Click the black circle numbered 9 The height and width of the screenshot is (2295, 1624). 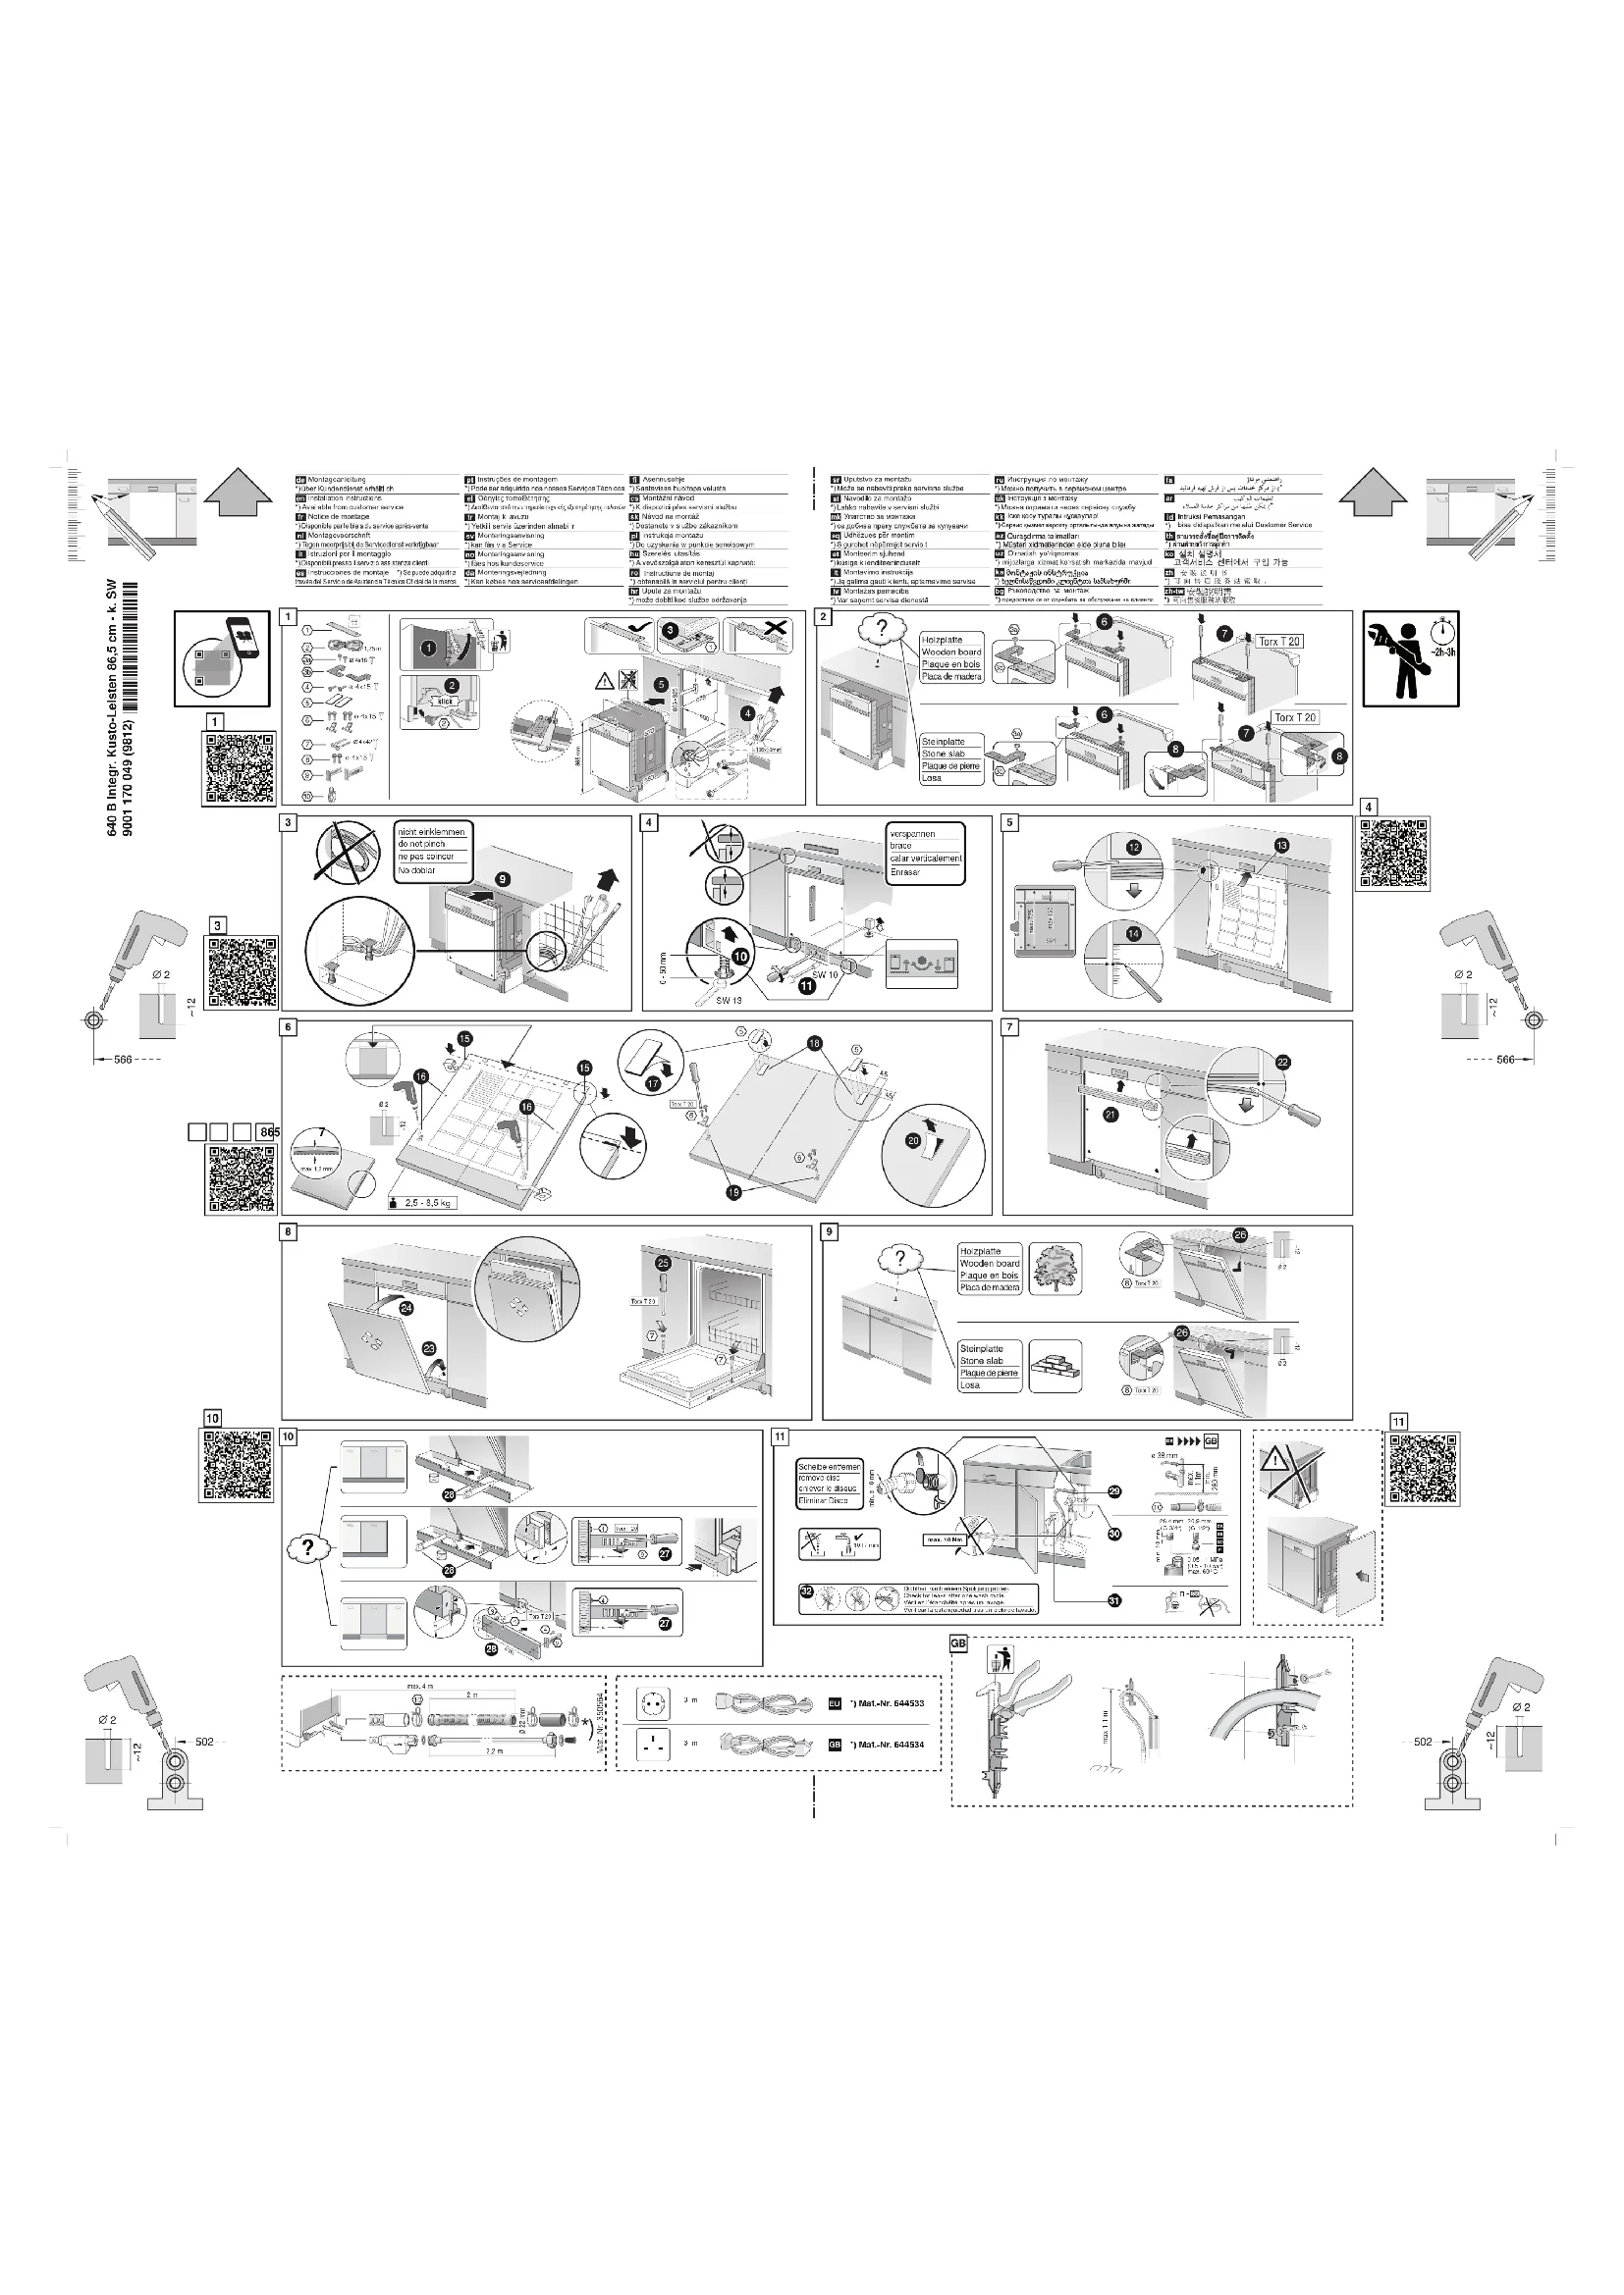[x=503, y=879]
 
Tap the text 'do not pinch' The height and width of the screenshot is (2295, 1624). [x=422, y=845]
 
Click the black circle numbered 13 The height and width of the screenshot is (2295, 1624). [x=1282, y=846]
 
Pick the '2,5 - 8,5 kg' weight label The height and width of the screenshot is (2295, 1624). [x=428, y=1203]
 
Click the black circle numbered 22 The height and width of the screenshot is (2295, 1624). [x=1283, y=1063]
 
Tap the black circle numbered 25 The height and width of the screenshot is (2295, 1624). [x=662, y=1264]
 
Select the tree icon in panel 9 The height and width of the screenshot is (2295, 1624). [x=1055, y=1268]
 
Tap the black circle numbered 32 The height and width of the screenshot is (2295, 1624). [x=806, y=1591]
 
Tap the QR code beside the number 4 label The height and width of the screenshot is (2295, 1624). [x=1393, y=853]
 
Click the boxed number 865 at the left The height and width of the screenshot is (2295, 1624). [x=268, y=1132]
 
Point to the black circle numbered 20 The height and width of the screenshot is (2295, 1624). [x=912, y=1139]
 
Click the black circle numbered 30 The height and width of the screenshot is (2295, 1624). [x=1115, y=1534]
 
